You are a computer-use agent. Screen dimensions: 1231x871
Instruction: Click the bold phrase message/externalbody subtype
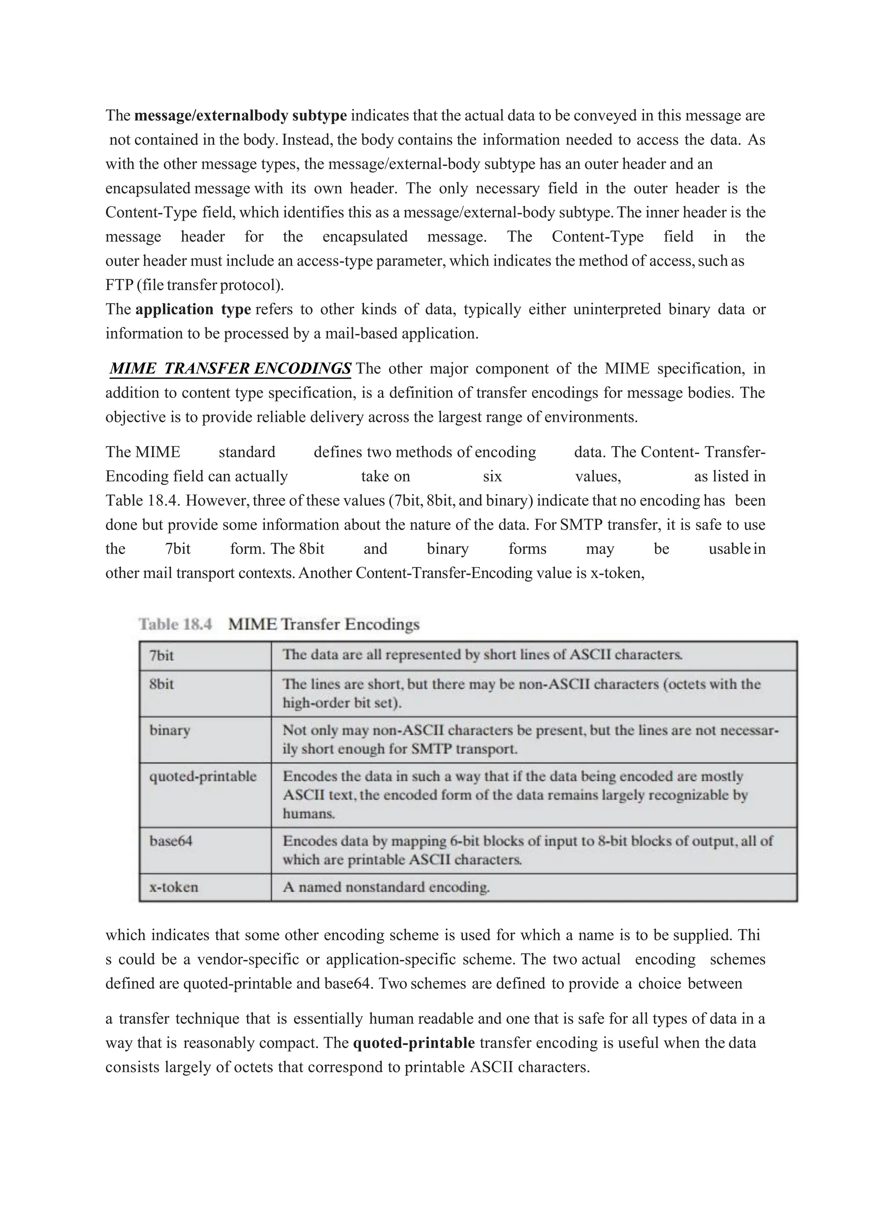click(240, 116)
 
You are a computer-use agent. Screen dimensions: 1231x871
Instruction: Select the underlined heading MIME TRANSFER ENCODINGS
click(231, 369)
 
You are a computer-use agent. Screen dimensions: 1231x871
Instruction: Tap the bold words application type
click(193, 309)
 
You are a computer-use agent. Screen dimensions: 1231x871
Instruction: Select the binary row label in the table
click(170, 730)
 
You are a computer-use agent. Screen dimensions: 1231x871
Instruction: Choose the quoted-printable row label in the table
click(203, 776)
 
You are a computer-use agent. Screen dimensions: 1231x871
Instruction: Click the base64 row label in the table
click(171, 841)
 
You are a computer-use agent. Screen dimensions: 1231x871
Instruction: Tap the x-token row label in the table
click(173, 887)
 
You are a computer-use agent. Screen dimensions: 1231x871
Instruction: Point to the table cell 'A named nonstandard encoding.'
click(386, 887)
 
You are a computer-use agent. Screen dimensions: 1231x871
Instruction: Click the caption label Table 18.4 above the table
click(175, 624)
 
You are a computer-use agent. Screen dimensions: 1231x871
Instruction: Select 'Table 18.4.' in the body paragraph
click(142, 501)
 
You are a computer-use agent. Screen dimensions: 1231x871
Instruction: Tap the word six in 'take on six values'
click(492, 477)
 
